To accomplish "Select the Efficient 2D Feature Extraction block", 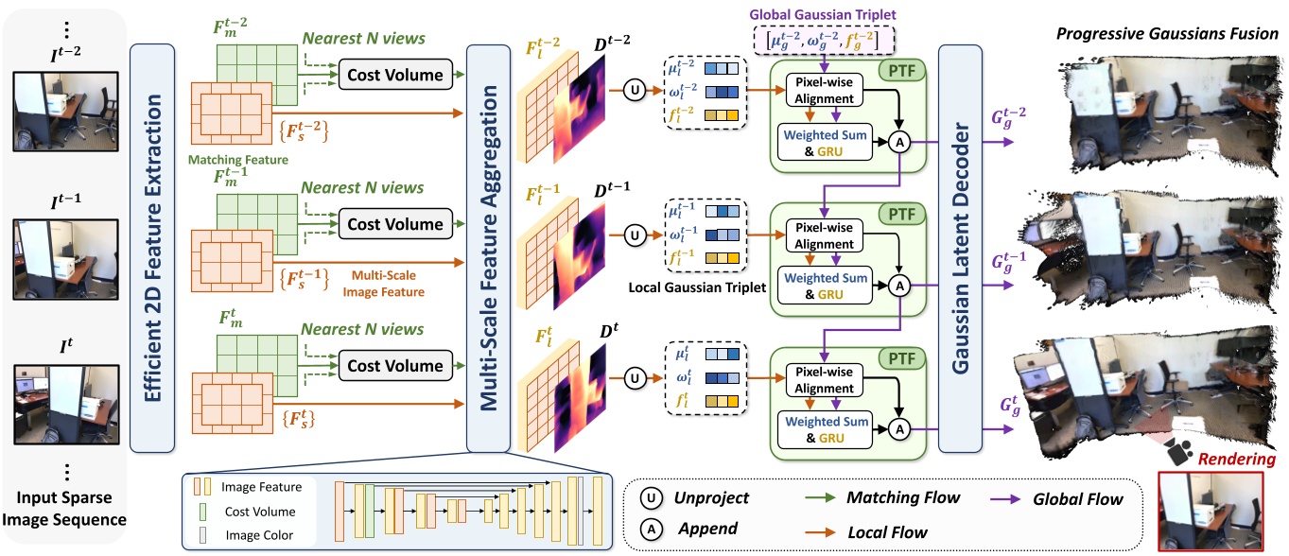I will click(153, 248).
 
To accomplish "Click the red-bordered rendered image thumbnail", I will click(1211, 512).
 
